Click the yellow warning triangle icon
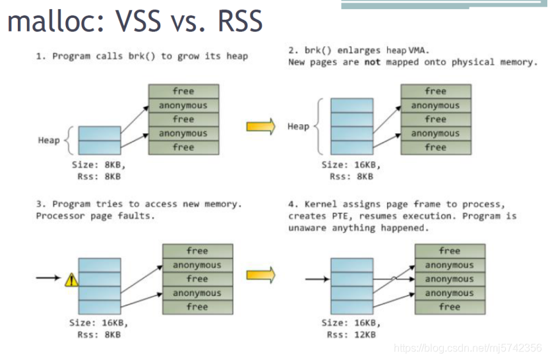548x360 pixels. tap(72, 280)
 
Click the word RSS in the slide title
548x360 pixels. tap(240, 21)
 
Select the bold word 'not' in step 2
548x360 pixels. tap(373, 62)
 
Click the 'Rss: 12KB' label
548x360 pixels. tap(351, 335)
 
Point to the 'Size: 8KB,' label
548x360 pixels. tap(98, 165)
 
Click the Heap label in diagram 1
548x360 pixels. tap(49, 140)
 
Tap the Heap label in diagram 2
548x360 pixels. tap(299, 127)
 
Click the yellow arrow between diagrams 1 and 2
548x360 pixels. tap(260, 126)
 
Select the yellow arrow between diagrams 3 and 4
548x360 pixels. tap(260, 275)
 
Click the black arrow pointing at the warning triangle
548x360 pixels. tap(48, 278)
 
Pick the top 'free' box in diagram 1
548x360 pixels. tap(184, 91)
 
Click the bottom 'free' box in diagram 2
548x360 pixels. tap(436, 148)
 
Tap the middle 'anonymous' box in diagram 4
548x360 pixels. tap(450, 279)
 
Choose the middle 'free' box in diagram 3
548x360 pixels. tap(198, 279)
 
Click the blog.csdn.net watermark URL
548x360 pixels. tap(468, 348)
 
